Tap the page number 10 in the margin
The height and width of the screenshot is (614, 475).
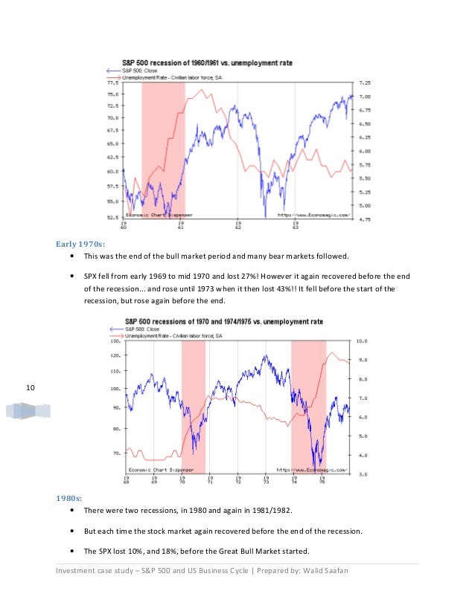coord(31,387)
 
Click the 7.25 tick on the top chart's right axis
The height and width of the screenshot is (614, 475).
coord(366,83)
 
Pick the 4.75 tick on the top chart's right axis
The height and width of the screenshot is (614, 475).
coord(366,219)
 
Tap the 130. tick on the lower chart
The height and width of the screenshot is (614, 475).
coord(115,343)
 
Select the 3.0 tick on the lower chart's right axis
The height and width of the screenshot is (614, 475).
coord(361,474)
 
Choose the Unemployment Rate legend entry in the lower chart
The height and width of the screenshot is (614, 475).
coord(168,336)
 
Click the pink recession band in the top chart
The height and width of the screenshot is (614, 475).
coord(163,149)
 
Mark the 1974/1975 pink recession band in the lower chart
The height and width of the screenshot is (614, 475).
coord(307,405)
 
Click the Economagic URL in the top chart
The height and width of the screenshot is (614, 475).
coord(313,213)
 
